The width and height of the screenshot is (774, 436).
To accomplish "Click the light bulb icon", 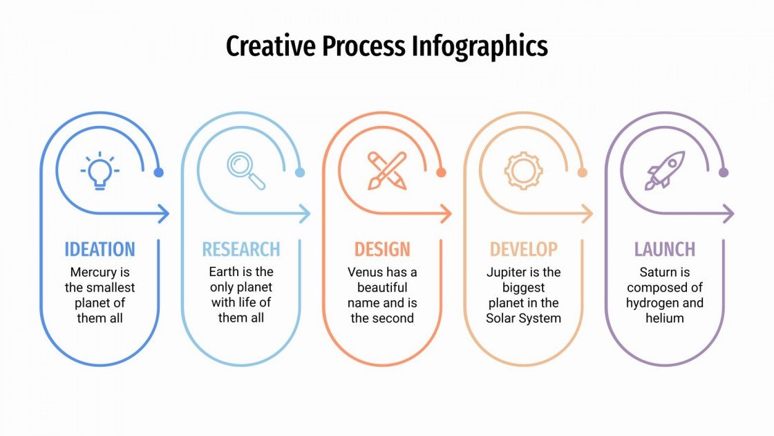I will click(x=100, y=171).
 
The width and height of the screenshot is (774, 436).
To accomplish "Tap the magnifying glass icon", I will click(x=246, y=171).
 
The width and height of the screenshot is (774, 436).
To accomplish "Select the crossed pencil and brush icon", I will click(x=387, y=171).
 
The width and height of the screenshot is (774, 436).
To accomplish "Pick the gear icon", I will click(x=523, y=170).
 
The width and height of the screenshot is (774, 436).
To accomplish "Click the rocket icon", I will click(x=665, y=170).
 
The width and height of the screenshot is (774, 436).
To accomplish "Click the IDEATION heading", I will click(x=100, y=249).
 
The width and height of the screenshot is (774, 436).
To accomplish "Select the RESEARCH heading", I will click(x=241, y=249).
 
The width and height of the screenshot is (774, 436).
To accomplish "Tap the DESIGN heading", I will click(x=382, y=249).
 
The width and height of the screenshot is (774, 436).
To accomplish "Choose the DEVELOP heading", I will click(x=523, y=249).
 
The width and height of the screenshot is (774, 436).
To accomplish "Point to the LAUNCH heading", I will click(x=665, y=249).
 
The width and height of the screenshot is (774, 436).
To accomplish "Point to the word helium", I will click(x=665, y=318).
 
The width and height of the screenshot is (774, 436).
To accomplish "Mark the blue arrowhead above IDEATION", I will click(x=164, y=214).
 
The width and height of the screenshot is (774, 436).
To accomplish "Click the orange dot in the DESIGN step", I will click(x=441, y=172).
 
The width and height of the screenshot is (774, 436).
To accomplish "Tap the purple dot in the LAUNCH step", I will click(x=724, y=172).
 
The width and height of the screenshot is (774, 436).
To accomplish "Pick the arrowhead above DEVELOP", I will click(x=587, y=214).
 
